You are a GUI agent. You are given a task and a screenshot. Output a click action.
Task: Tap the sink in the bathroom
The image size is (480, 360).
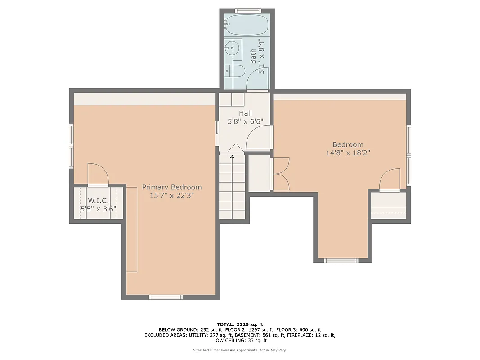tap(233, 48)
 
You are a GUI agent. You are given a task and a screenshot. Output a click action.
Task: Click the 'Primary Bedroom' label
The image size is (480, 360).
tap(172, 187)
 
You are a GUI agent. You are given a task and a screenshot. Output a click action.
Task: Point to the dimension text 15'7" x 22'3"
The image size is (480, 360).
tap(172, 196)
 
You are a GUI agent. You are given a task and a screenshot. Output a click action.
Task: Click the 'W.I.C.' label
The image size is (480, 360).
tap(98, 200)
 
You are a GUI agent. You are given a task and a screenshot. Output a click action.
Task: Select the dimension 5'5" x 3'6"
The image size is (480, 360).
tap(98, 209)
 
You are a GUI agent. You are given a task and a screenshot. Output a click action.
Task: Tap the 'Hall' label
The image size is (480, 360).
tap(245, 113)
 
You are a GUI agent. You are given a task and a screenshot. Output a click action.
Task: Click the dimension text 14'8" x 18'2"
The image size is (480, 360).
tap(348, 153)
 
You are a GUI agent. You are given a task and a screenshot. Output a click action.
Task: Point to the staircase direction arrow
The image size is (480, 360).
tap(232, 157)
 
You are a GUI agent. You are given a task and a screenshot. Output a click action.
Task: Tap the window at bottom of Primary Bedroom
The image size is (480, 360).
tap(166, 297)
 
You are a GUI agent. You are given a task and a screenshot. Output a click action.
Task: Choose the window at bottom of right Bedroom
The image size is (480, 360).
tap(341, 260)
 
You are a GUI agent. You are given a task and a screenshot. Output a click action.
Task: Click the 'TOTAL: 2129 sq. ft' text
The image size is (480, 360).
tap(240, 324)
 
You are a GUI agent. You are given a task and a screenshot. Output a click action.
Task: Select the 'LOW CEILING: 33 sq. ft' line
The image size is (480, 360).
tap(240, 341)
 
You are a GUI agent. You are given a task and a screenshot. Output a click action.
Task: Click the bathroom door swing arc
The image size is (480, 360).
tap(259, 79)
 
